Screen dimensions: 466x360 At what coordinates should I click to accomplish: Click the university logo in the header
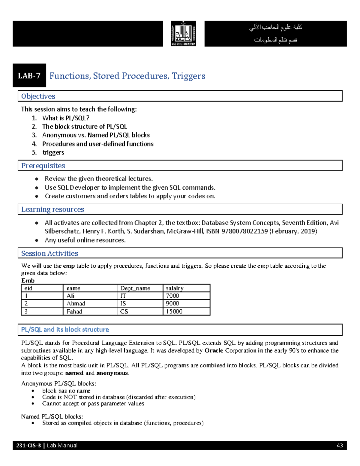(x=183, y=34)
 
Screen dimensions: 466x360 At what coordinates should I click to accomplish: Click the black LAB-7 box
(x=29, y=76)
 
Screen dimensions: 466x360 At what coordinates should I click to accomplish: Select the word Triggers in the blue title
(x=188, y=76)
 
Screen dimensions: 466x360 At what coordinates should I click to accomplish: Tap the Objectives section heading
(x=38, y=96)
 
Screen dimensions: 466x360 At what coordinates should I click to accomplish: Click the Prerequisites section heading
(x=43, y=166)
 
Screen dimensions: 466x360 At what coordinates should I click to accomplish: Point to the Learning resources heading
(x=52, y=209)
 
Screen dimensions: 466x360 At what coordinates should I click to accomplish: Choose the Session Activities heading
(x=49, y=254)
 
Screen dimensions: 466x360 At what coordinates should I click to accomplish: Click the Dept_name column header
(x=135, y=288)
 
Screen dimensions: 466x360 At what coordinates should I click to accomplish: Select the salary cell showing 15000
(x=174, y=311)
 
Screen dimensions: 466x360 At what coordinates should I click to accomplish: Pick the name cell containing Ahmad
(x=76, y=304)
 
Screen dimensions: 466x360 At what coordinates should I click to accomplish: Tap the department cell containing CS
(x=124, y=311)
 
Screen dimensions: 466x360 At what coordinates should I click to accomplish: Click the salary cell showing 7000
(x=172, y=296)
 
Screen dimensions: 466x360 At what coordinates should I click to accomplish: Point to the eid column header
(x=28, y=288)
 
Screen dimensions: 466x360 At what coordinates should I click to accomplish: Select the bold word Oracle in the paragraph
(x=214, y=350)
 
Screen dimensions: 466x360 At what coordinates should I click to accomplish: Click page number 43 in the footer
(x=340, y=446)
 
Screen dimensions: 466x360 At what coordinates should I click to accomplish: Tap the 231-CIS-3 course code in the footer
(x=28, y=446)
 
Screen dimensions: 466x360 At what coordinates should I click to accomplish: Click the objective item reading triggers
(x=53, y=152)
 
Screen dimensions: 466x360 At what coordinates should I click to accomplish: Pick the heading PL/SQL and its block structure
(x=65, y=329)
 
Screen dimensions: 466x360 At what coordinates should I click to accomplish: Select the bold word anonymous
(x=112, y=373)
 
